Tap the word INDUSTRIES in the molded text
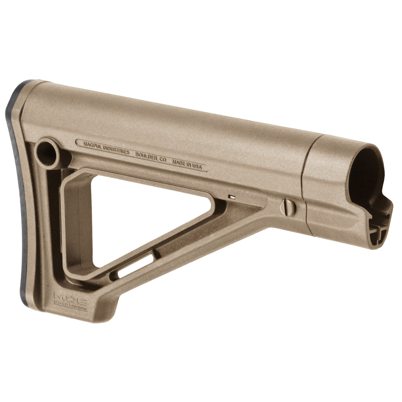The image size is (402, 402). coord(115,150)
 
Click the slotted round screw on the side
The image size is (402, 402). coord(288,207)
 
